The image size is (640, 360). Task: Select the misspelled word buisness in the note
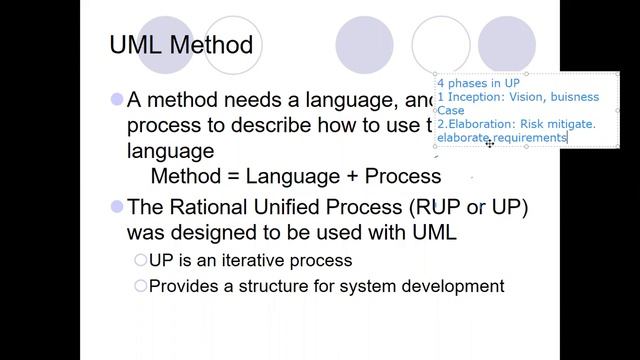(570, 97)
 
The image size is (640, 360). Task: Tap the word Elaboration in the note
(479, 124)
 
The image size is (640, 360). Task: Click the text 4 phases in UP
(477, 83)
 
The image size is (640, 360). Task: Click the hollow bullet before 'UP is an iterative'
(141, 260)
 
